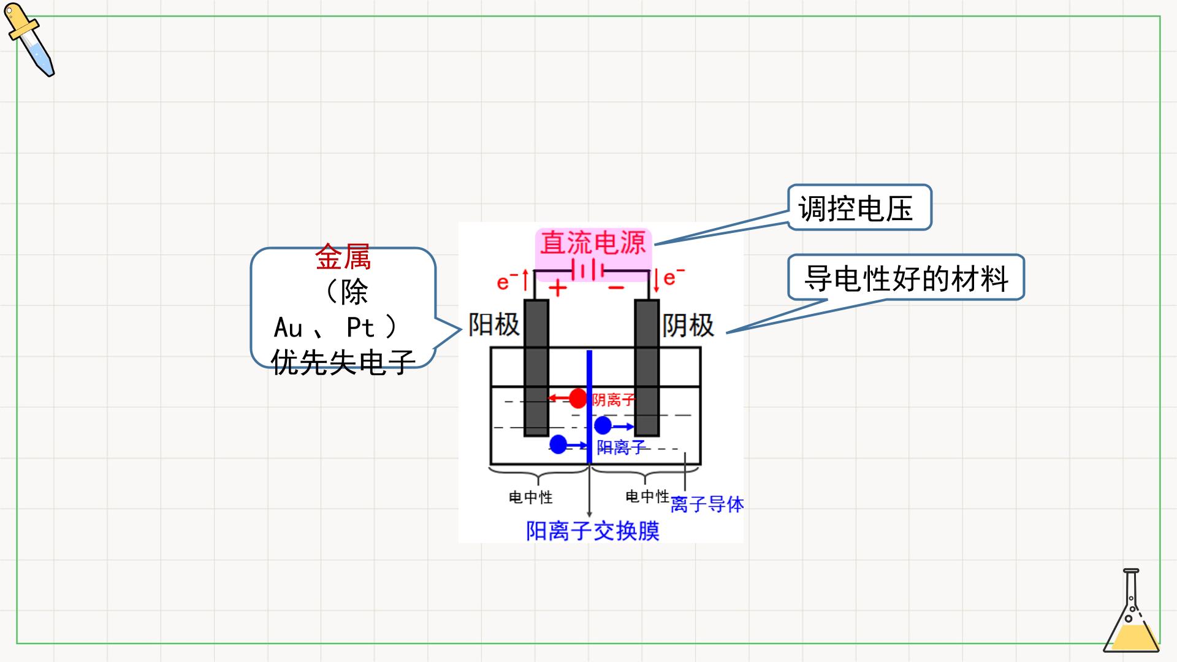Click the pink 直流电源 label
tap(592, 243)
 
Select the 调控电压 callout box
tap(859, 208)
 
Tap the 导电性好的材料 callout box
tap(906, 278)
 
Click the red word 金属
tap(343, 257)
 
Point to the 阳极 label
tap(493, 324)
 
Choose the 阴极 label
tap(688, 325)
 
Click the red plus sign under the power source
tap(557, 287)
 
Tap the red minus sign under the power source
tap(616, 287)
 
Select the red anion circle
tap(577, 398)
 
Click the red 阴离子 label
tap(613, 400)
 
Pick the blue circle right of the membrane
tap(603, 425)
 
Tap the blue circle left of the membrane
tap(558, 444)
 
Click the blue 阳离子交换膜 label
tap(593, 531)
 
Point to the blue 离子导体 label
tap(707, 504)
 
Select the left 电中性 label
tap(531, 497)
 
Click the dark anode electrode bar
tap(536, 368)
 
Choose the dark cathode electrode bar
tap(647, 368)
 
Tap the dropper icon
tap(29, 40)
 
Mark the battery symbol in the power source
tap(588, 270)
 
